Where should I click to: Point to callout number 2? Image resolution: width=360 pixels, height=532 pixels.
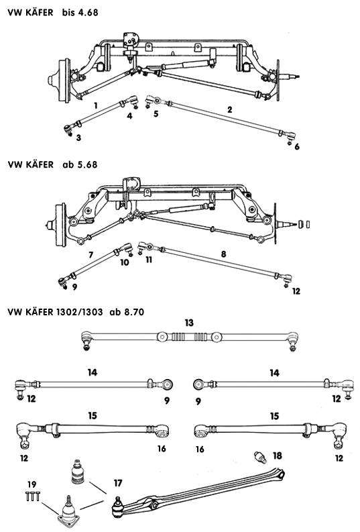229,109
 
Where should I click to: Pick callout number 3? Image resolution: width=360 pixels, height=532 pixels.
78,138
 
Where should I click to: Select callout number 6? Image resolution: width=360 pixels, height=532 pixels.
296,146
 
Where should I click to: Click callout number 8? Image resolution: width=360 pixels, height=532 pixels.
222,255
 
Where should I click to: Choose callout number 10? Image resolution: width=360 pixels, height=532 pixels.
125,264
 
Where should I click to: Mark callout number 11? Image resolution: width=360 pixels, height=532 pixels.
149,258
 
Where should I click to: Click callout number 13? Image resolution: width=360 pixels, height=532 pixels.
189,323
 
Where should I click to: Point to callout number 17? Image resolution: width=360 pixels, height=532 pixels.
118,482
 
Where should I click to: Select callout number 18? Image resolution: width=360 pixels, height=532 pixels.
278,456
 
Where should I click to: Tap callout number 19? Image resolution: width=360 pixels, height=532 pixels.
31,484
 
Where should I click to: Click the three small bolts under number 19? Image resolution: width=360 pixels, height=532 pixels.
31,496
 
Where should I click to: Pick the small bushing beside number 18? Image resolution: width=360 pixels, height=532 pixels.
260,458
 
